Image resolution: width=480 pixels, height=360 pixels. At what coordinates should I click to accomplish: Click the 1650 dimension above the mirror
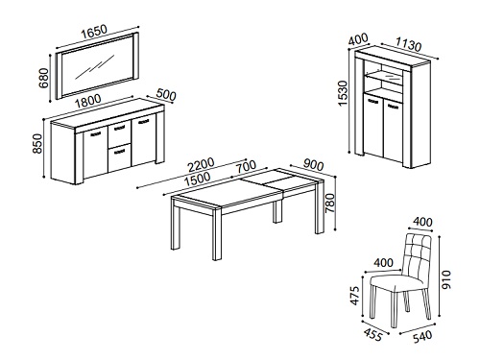pyautogui.click(x=94, y=32)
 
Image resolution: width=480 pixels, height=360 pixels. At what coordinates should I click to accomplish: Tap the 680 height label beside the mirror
pyautogui.click(x=43, y=78)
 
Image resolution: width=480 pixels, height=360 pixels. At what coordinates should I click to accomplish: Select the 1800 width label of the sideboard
pyautogui.click(x=87, y=101)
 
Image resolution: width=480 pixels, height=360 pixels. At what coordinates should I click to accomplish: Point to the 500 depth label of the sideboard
pyautogui.click(x=166, y=95)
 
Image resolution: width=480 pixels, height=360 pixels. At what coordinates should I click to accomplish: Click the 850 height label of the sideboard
pyautogui.click(x=37, y=144)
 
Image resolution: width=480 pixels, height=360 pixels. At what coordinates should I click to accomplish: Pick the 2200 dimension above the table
pyautogui.click(x=201, y=165)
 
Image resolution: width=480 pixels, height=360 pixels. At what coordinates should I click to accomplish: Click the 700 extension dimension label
pyautogui.click(x=246, y=166)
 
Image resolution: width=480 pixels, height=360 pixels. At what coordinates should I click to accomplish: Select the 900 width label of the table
pyautogui.click(x=313, y=164)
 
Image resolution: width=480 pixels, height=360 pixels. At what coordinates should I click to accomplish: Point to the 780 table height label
pyautogui.click(x=329, y=203)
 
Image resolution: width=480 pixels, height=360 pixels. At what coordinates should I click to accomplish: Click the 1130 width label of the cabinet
pyautogui.click(x=409, y=44)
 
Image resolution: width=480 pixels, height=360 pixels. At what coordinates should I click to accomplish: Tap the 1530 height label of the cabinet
pyautogui.click(x=343, y=93)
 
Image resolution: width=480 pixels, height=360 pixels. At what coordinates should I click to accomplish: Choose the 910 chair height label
pyautogui.click(x=445, y=279)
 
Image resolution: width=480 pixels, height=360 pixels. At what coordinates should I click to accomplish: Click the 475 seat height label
pyautogui.click(x=354, y=296)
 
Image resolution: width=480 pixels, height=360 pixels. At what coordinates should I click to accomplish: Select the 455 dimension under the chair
pyautogui.click(x=372, y=334)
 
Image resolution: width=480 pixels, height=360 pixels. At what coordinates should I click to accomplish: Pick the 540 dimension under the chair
pyautogui.click(x=422, y=337)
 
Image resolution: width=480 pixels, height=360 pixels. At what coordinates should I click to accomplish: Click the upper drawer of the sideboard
pyautogui.click(x=119, y=132)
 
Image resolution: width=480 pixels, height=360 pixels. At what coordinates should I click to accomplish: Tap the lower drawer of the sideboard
pyautogui.click(x=119, y=157)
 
